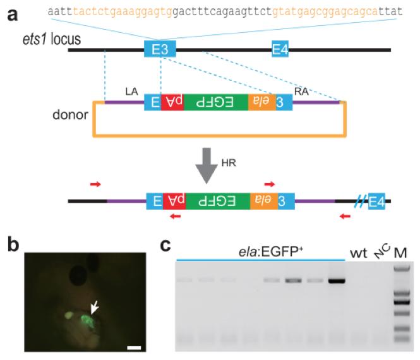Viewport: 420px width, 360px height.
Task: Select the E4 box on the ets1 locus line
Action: (x=280, y=49)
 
